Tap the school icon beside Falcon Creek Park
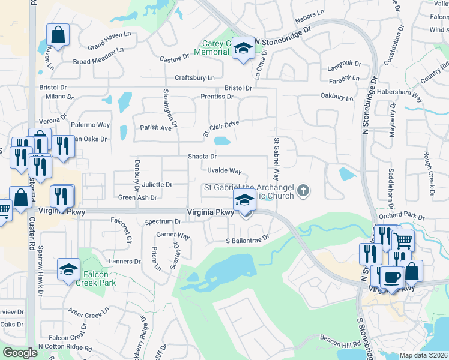pyautogui.click(x=68, y=269)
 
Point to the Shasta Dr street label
pyautogui.click(x=202, y=156)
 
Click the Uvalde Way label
pyautogui.click(x=224, y=171)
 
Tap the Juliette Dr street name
pyautogui.click(x=157, y=184)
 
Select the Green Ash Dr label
pyautogui.click(x=137, y=197)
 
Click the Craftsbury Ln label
pyautogui.click(x=194, y=78)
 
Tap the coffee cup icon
pyautogui.click(x=391, y=277)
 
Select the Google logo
pyautogui.click(x=20, y=353)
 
